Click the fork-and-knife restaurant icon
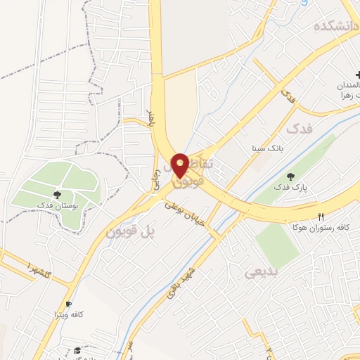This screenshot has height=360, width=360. pos(321,217)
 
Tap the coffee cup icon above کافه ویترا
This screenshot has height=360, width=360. pos(68,304)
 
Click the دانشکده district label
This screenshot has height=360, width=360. pos(336,26)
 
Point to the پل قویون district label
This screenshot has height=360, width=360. pos(131,229)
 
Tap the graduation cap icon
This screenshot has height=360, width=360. pos(77,350)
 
